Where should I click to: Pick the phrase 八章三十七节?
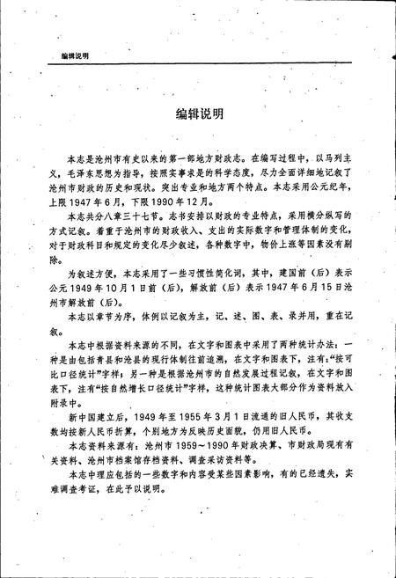[125, 212]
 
